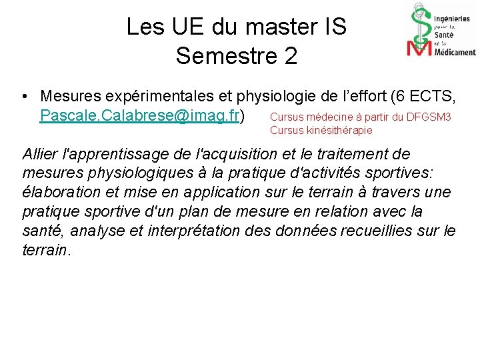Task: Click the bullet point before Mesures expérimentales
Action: click(25, 97)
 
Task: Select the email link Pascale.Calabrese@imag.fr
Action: click(140, 116)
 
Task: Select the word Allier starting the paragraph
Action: click(39, 154)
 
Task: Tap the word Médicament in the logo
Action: click(455, 52)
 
